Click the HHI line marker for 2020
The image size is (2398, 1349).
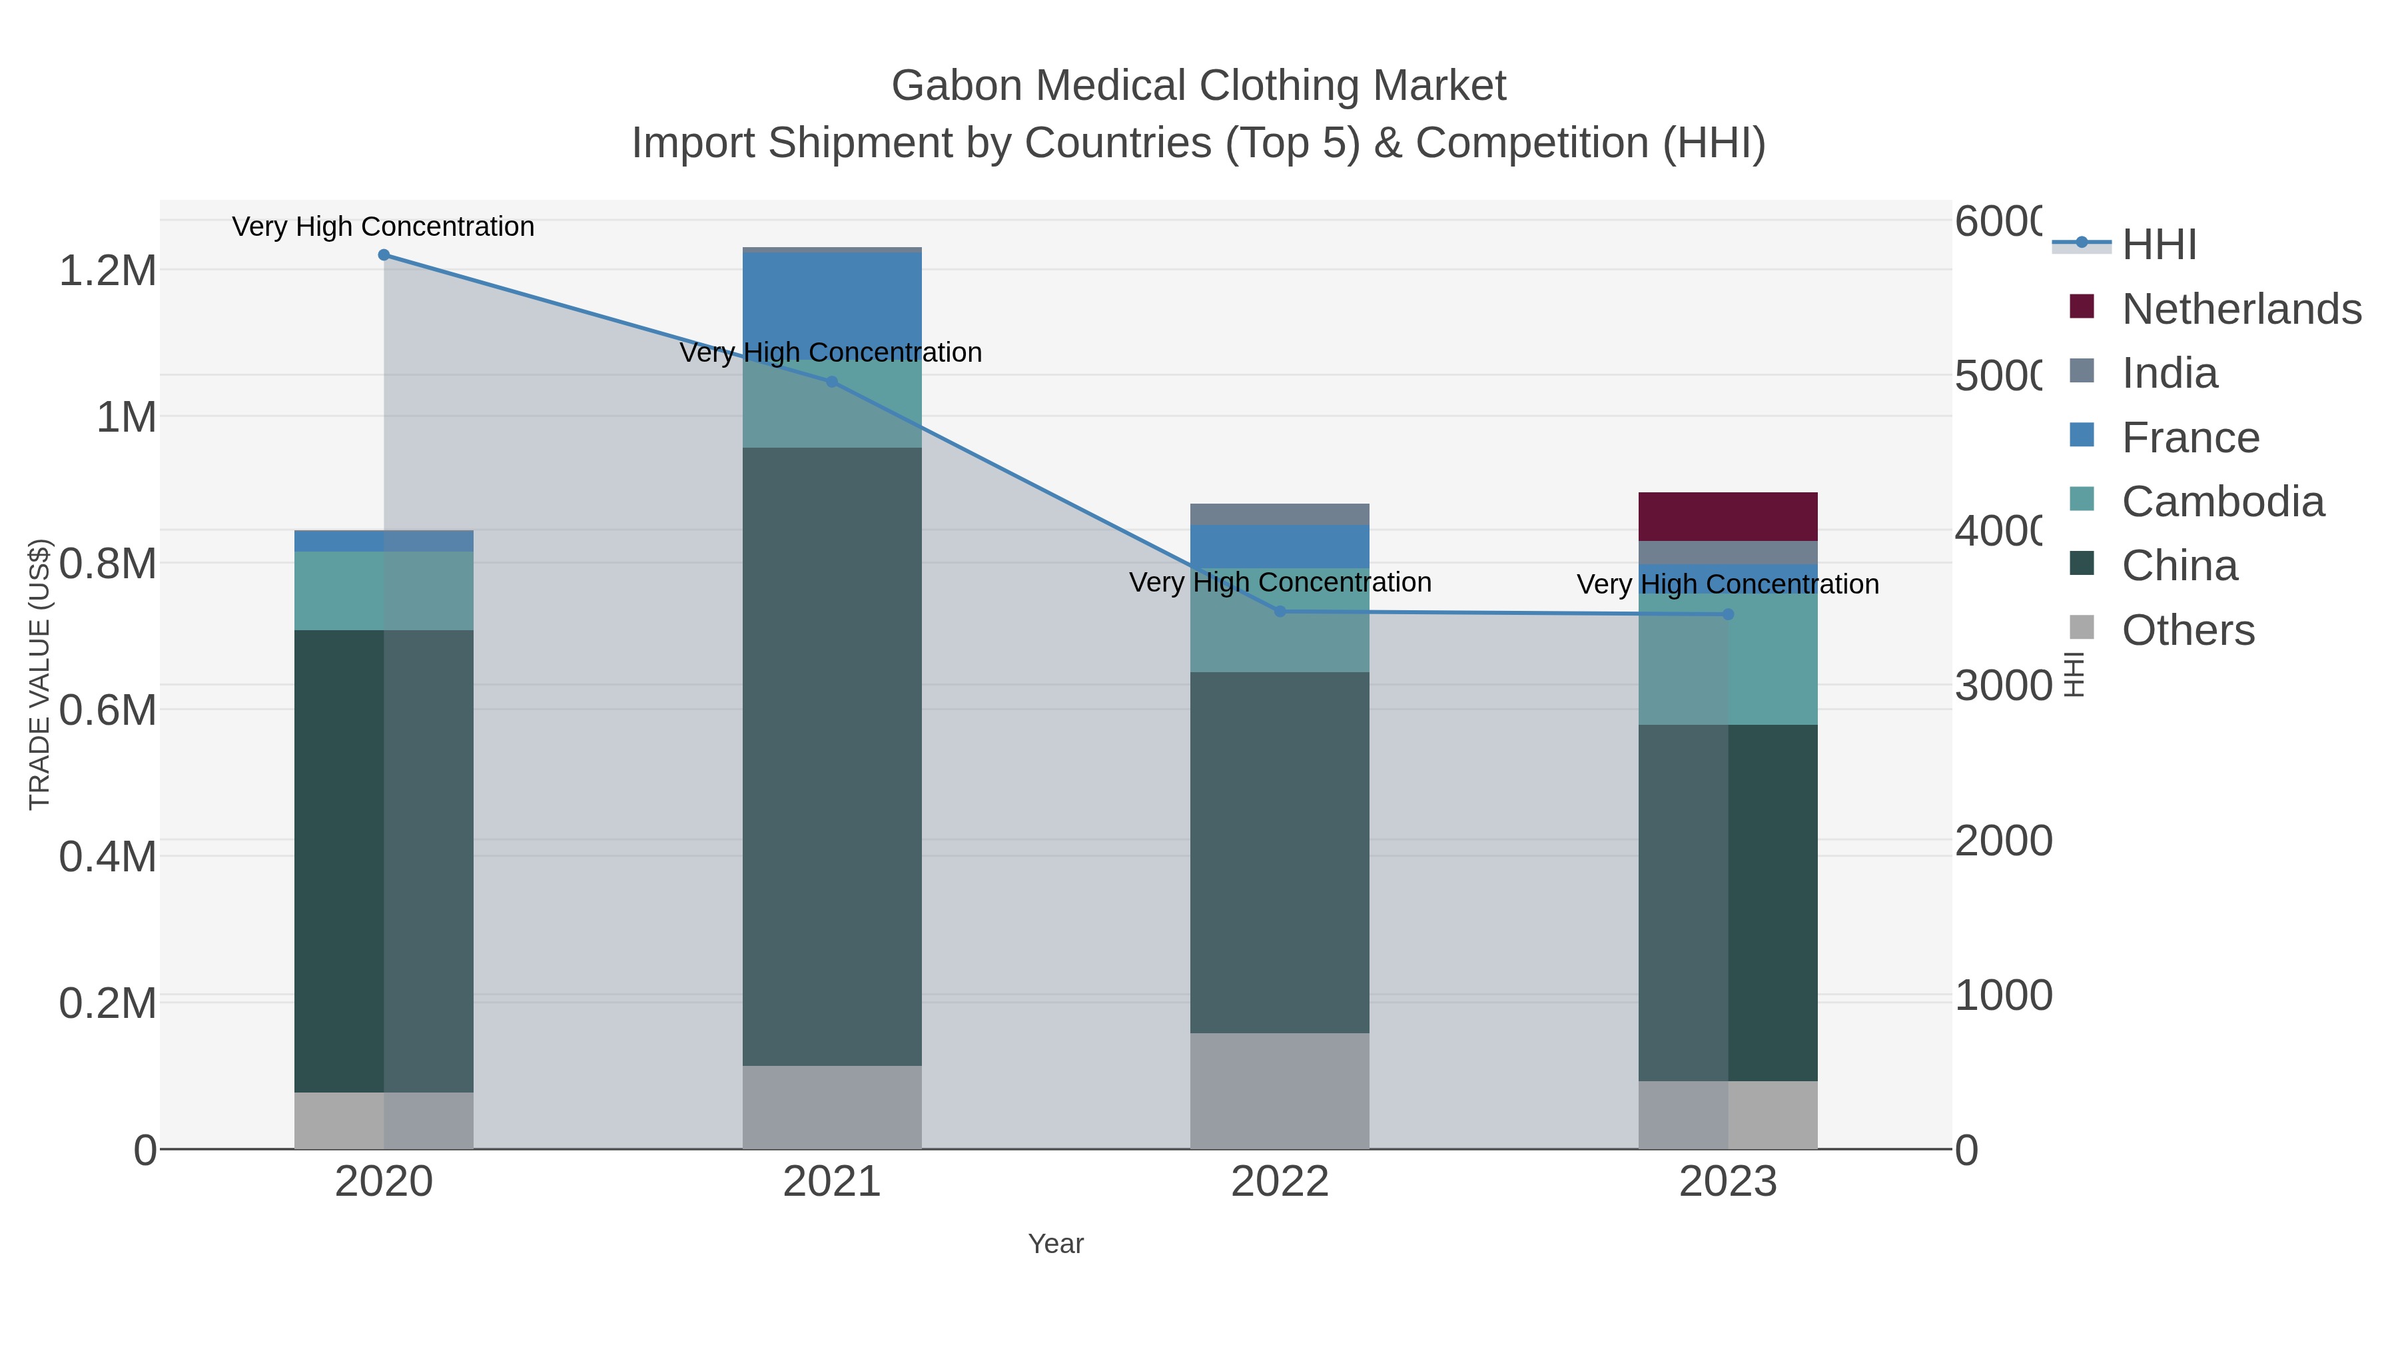pyautogui.click(x=384, y=255)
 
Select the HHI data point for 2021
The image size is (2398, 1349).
pyautogui.click(x=832, y=382)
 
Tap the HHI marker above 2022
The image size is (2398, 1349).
pyautogui.click(x=1280, y=612)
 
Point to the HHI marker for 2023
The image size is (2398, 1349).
pyautogui.click(x=1729, y=614)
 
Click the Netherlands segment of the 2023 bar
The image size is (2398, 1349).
pyautogui.click(x=1728, y=517)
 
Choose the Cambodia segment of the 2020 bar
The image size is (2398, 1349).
pyautogui.click(x=384, y=590)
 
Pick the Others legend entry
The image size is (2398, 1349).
pyautogui.click(x=2188, y=630)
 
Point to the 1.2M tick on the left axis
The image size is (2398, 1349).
pyautogui.click(x=107, y=271)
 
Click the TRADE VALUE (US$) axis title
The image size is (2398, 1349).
pyautogui.click(x=39, y=674)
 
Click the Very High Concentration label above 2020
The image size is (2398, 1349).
pyautogui.click(x=384, y=226)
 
